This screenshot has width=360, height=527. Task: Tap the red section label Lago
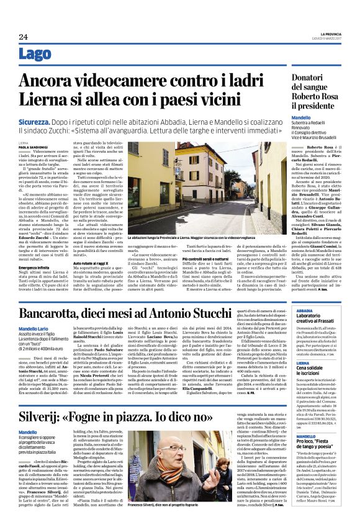[x=35, y=55]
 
